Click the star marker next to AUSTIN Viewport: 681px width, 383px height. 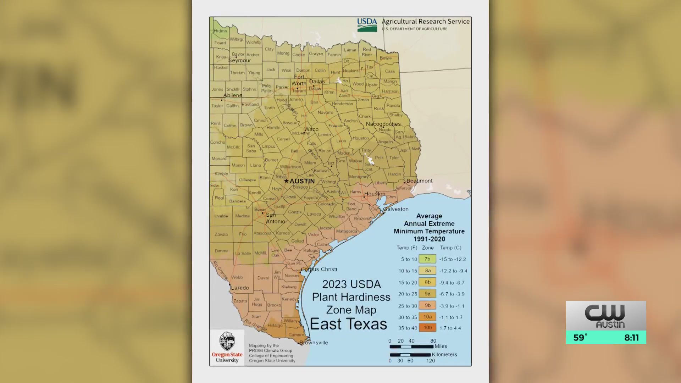[286, 181]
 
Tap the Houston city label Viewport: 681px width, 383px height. [375, 194]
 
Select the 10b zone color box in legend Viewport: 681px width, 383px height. [427, 328]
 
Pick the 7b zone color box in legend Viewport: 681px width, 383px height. [427, 259]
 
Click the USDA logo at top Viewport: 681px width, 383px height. [367, 25]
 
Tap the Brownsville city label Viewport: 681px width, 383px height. [314, 343]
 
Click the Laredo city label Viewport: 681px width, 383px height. [240, 288]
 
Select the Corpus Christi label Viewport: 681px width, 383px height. [319, 269]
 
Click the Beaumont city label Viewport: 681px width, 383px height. [419, 181]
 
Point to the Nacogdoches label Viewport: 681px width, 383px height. [383, 124]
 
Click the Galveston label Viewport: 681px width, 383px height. [396, 209]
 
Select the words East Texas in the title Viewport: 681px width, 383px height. [348, 324]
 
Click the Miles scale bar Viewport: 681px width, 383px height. [411, 346]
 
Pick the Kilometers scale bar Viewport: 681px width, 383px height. [410, 355]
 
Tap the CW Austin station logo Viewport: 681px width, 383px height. [605, 316]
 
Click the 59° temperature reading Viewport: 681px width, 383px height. [581, 338]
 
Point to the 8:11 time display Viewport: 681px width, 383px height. [631, 338]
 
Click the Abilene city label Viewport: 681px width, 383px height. [233, 95]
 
